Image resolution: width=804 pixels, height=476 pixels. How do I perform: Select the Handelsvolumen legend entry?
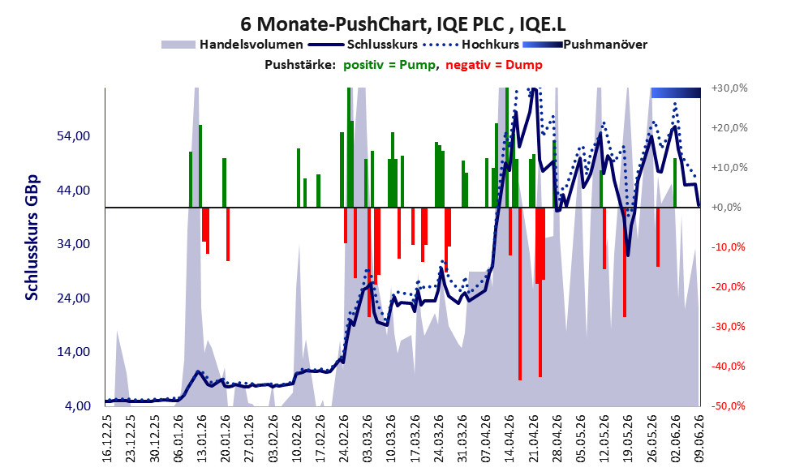232,45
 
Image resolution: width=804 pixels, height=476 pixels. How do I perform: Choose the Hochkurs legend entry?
471,45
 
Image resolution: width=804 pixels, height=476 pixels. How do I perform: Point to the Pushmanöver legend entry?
585,45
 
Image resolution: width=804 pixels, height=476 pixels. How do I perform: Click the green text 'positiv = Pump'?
389,65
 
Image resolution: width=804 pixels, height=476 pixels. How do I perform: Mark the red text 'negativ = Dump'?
494,65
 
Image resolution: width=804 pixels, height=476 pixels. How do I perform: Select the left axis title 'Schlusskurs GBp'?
32,238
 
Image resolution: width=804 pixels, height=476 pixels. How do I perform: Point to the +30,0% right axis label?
729,88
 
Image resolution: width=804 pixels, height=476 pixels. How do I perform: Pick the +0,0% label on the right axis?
727,207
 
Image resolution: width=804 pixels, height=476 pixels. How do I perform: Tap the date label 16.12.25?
107,439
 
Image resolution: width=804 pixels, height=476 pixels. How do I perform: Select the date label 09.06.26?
699,439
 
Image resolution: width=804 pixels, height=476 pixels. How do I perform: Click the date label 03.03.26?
368,439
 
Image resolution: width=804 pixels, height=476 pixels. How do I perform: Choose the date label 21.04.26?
533,439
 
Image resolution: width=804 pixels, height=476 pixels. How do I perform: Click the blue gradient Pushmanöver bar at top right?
676,92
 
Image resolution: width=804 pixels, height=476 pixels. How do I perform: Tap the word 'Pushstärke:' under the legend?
300,65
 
